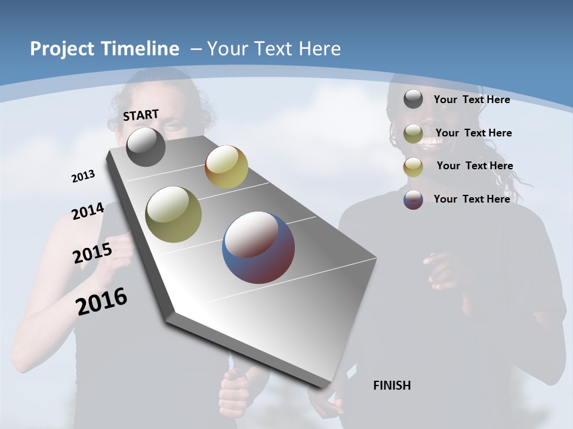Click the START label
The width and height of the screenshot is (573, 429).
[141, 115]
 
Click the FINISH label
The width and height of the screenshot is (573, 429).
[392, 386]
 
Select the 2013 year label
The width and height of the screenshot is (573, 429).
[83, 176]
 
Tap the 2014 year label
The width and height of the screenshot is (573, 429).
[88, 212]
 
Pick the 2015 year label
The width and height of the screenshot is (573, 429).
[93, 253]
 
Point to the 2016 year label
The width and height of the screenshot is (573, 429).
[101, 301]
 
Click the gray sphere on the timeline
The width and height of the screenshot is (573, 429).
[146, 147]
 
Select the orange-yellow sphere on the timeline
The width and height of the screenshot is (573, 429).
[226, 167]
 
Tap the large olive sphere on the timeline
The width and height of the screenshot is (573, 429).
[174, 214]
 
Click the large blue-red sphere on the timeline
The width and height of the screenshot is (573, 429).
[258, 247]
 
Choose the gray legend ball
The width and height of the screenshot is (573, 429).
[413, 100]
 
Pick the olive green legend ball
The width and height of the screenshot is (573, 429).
[413, 133]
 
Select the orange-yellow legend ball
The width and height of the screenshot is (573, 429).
[413, 167]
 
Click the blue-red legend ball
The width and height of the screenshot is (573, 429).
[413, 200]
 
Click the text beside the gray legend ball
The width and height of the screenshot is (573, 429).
[472, 100]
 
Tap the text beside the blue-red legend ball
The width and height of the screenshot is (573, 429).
[472, 199]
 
